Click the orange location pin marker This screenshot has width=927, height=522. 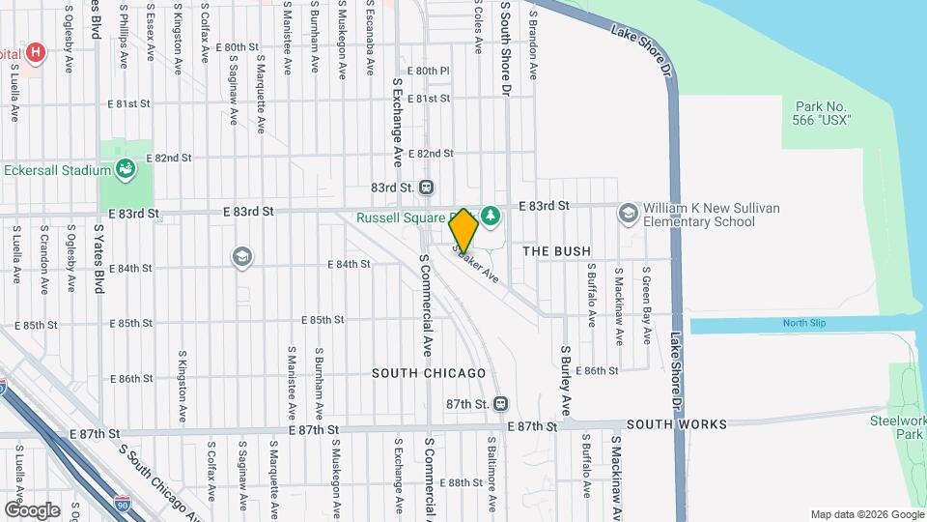click(x=463, y=231)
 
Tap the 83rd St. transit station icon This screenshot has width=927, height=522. click(x=426, y=188)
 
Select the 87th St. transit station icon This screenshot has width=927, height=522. click(x=500, y=403)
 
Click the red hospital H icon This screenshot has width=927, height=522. click(x=36, y=52)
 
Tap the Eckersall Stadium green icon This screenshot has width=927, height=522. click(x=125, y=171)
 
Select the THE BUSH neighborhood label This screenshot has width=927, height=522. click(x=556, y=251)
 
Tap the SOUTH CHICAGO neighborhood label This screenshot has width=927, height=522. click(x=429, y=373)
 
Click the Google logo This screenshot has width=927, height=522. click(x=32, y=509)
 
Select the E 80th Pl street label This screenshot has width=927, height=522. click(x=428, y=71)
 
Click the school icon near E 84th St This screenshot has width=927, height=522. click(x=241, y=256)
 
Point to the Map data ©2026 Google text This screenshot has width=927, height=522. click(x=866, y=514)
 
